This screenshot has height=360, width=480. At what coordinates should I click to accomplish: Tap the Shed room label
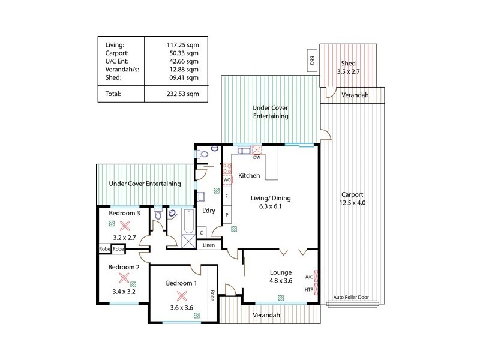348,64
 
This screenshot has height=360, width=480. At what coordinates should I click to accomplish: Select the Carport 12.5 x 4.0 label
352,199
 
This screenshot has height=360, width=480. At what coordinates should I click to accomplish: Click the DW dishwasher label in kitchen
256,158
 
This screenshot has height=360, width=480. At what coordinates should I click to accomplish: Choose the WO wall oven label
227,179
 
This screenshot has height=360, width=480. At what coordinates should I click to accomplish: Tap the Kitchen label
249,176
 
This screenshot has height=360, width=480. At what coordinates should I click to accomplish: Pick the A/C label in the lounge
309,277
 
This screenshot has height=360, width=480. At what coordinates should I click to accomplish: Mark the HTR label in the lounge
309,289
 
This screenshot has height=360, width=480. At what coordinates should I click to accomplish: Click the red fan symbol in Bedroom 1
181,295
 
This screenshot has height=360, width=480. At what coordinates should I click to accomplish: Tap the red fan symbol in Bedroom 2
124,278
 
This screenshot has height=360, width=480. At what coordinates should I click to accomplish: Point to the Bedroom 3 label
124,213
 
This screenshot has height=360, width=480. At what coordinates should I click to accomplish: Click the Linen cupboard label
208,245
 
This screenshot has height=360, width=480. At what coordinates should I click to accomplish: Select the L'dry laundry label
209,211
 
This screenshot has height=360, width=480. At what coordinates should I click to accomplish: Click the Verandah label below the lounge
266,315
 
